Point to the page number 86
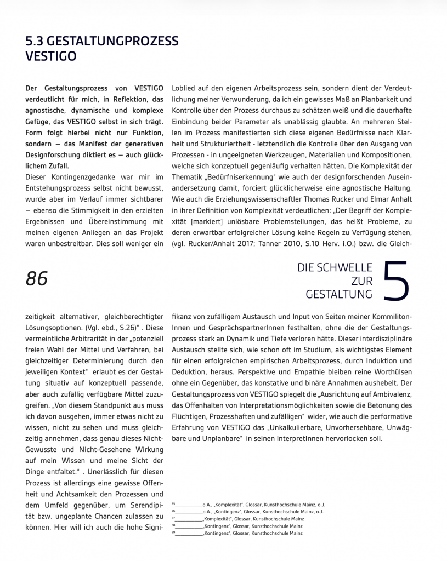click(37, 278)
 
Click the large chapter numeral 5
click(396, 281)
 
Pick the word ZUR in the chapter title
click(361, 280)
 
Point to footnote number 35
click(174, 503)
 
